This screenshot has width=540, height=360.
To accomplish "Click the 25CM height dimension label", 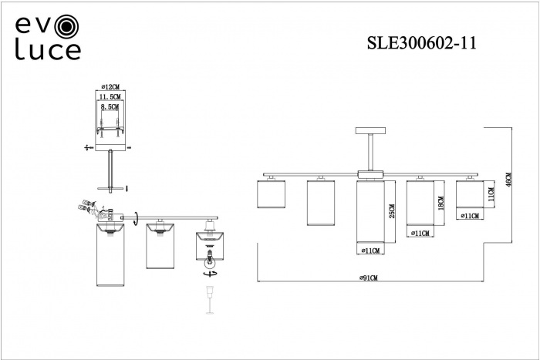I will pos(392,210).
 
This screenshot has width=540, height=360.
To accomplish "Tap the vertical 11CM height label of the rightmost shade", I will pos(490,192).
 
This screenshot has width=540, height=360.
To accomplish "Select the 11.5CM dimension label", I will pos(112,98).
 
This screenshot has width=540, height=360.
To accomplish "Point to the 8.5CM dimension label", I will pos(112,110).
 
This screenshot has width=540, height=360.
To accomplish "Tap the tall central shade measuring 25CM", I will pos(371,216).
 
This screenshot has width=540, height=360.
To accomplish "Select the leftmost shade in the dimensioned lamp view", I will pos(271,195).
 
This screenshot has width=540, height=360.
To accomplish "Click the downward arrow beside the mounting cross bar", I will pos(127,187).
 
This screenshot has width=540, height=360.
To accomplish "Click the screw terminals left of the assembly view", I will pos(83,207).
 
